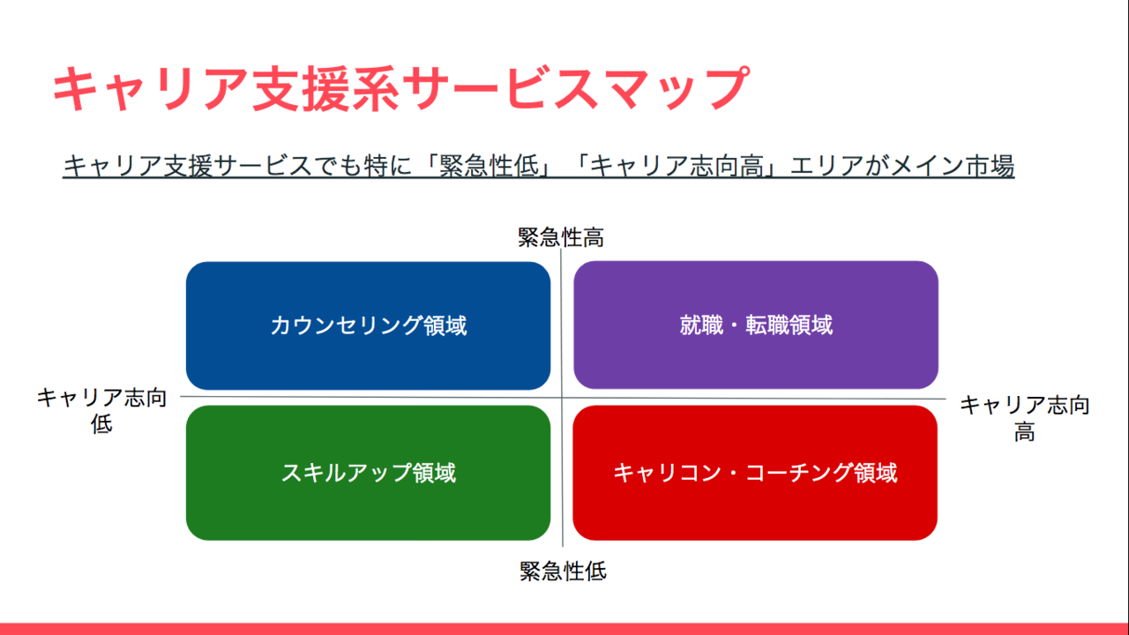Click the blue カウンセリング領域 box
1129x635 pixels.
[x=368, y=325]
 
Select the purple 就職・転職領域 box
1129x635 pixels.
[x=756, y=325]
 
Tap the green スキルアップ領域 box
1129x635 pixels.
[x=368, y=473]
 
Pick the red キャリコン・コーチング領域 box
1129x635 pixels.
[x=755, y=473]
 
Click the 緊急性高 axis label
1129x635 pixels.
[x=560, y=237]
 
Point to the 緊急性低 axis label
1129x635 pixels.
[x=563, y=571]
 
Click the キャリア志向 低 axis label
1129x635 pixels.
[x=101, y=411]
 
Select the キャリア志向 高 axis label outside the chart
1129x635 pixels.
[x=1025, y=418]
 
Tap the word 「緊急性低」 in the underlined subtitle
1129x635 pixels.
[x=489, y=166]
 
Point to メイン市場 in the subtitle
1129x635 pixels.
[x=952, y=166]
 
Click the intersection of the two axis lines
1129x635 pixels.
[x=562, y=398]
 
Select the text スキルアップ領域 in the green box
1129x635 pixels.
[x=369, y=474]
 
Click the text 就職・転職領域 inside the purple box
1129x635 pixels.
[x=756, y=325]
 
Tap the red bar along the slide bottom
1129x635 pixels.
[x=564, y=629]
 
